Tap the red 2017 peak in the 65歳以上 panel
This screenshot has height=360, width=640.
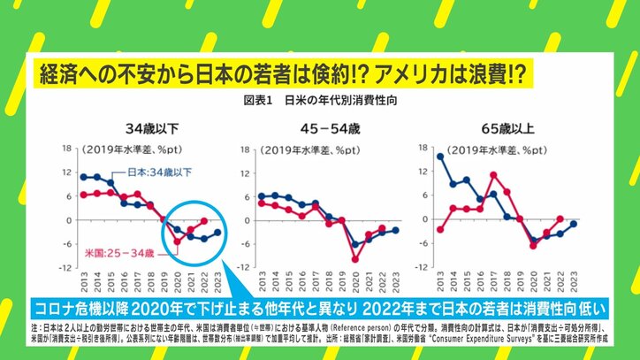coord(493,174)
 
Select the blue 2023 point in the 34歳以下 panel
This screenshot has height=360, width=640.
coord(217,233)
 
